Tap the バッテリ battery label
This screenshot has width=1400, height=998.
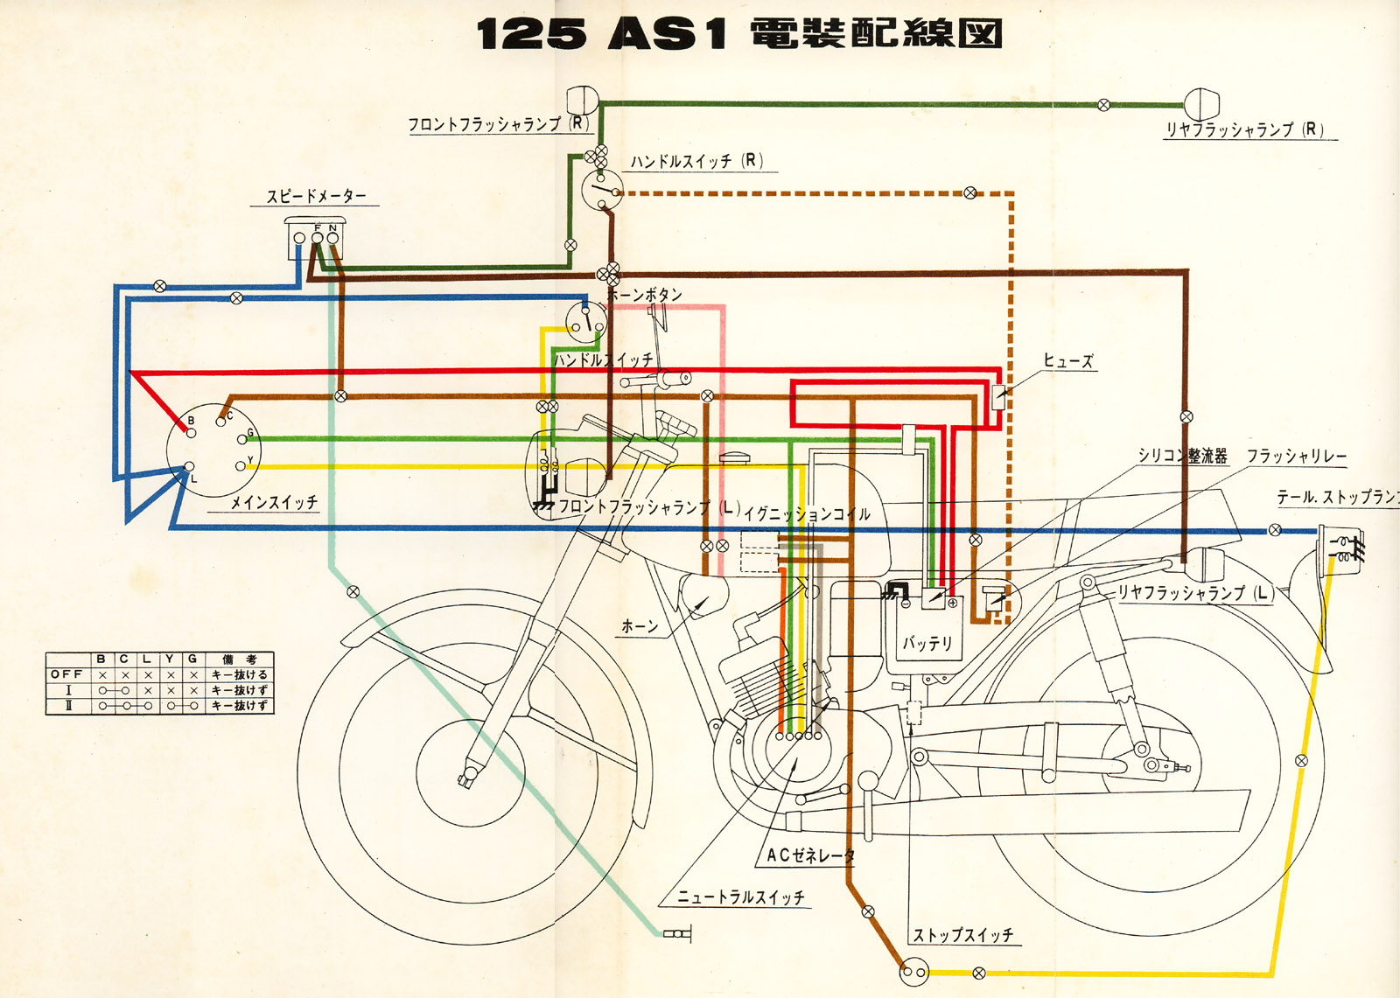927,644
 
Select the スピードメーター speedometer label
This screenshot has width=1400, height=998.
316,196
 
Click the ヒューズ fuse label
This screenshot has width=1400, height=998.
1067,360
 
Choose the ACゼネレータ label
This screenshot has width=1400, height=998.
810,855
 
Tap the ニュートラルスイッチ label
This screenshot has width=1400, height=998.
741,897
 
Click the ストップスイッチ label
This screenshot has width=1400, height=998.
962,935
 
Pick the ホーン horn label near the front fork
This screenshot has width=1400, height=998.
640,626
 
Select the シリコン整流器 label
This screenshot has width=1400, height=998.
1182,456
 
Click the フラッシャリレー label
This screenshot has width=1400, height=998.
1297,456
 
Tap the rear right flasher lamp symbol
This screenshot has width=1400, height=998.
1202,104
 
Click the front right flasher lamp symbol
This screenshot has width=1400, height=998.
582,102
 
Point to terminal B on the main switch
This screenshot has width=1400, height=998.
191,432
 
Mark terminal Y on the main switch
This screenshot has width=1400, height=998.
241,466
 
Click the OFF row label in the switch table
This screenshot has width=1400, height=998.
66,674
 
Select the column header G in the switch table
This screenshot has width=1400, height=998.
192,659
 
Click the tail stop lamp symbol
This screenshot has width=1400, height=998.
1340,547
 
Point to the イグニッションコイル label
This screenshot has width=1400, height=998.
807,514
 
